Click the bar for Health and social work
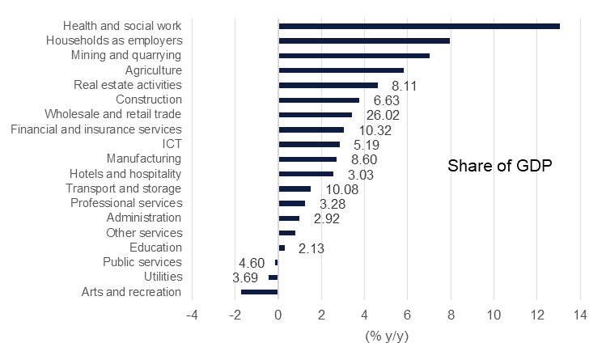pos(418,26)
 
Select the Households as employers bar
pos(363,40)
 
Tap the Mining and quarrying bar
pos(354,56)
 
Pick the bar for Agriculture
pos(341,70)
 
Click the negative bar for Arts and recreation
pos(259,292)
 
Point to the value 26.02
pos(382,115)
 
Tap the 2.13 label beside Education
pos(311,248)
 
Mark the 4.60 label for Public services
pos(252,263)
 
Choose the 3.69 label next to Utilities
pos(246,277)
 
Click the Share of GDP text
pos(499,167)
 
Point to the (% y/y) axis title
pos(386,336)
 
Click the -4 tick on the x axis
pos(191,315)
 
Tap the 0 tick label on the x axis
pos(278,315)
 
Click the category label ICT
pos(172,144)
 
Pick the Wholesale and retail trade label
pos(112,114)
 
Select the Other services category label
pos(143,233)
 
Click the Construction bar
pos(319,100)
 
